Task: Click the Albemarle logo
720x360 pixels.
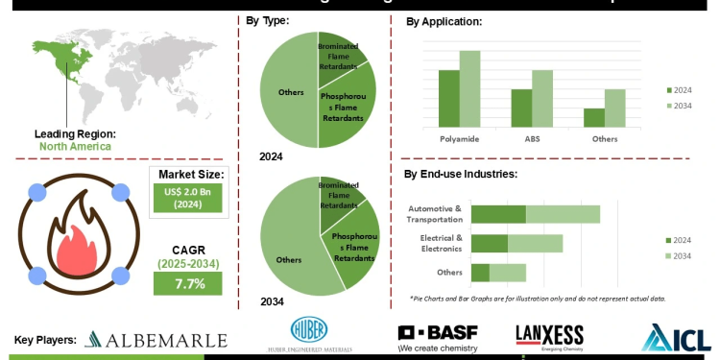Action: click(x=156, y=340)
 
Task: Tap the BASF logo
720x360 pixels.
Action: click(x=438, y=338)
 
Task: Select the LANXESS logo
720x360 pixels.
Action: click(x=549, y=337)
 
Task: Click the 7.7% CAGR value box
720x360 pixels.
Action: click(x=187, y=283)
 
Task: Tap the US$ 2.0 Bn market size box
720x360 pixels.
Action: click(x=187, y=198)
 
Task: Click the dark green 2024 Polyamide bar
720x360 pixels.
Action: click(x=449, y=98)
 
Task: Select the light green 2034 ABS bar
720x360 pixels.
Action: click(x=542, y=98)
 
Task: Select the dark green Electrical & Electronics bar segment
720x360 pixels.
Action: click(x=490, y=243)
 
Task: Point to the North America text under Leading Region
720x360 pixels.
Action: click(x=75, y=147)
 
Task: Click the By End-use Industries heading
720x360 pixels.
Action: click(x=461, y=175)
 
